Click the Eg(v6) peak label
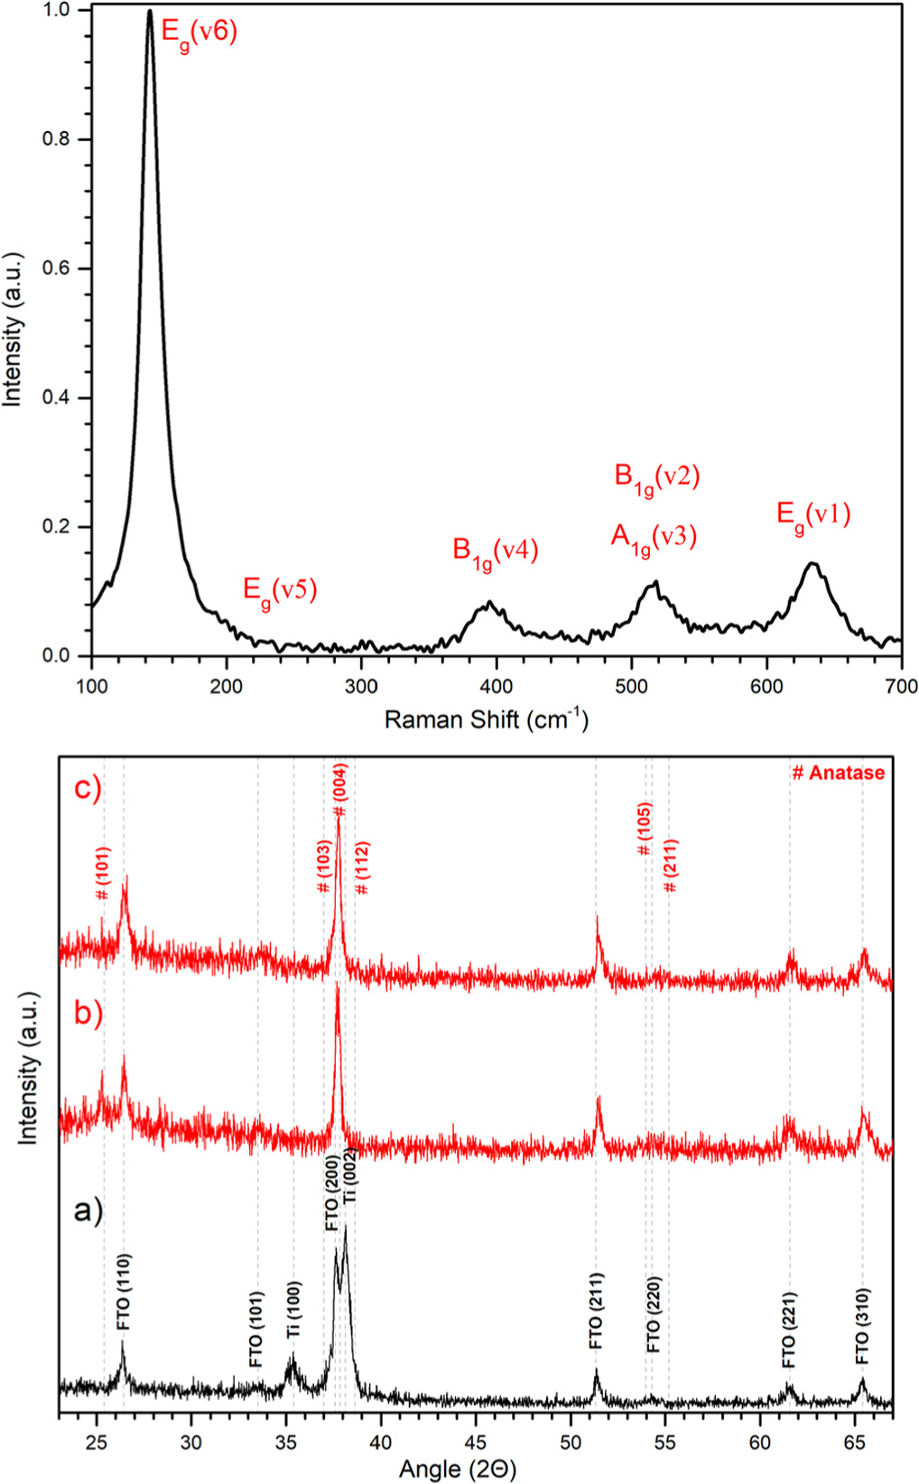(198, 34)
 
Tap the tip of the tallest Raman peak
(150, 12)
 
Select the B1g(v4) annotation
(495, 552)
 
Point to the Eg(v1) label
(813, 515)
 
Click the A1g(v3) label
(654, 538)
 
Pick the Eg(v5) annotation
(280, 592)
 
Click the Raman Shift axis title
(486, 719)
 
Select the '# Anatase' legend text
(838, 774)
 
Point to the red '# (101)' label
(103, 873)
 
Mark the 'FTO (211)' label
(596, 1311)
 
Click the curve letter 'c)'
(88, 788)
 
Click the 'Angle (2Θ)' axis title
(458, 1470)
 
